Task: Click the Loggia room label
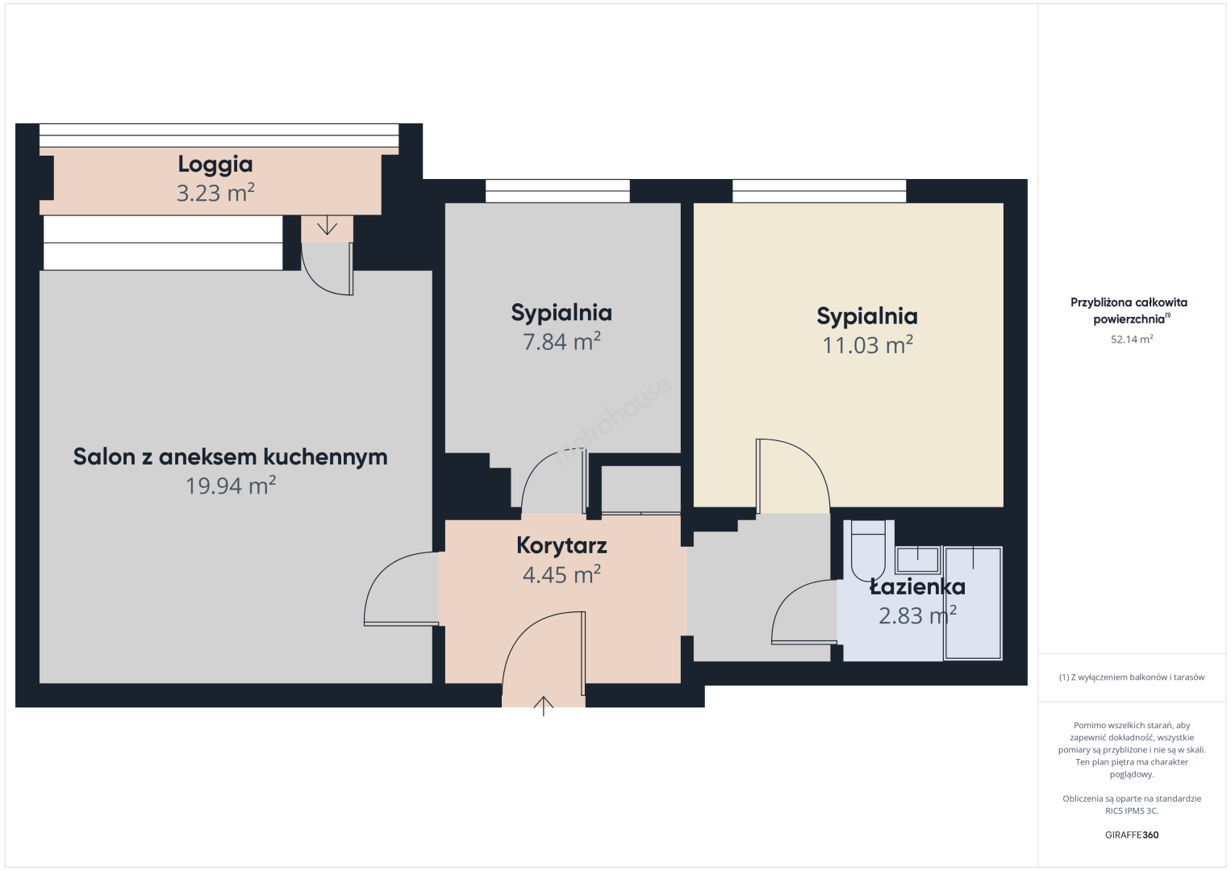pyautogui.click(x=215, y=165)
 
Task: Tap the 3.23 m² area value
pyautogui.click(x=215, y=193)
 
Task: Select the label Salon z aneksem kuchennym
pyautogui.click(x=230, y=457)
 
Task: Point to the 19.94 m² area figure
pyautogui.click(x=230, y=486)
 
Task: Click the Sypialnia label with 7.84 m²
pyautogui.click(x=561, y=313)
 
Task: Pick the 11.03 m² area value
pyautogui.click(x=867, y=344)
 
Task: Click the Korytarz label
pyautogui.click(x=561, y=546)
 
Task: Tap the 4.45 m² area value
pyautogui.click(x=561, y=574)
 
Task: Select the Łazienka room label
pyautogui.click(x=917, y=587)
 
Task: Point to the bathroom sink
pyautogui.click(x=917, y=560)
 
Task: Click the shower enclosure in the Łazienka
pyautogui.click(x=973, y=602)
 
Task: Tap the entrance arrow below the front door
pyautogui.click(x=544, y=706)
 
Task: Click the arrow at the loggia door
pyautogui.click(x=327, y=225)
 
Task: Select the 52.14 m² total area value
pyautogui.click(x=1132, y=339)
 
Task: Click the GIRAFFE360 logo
pyautogui.click(x=1132, y=835)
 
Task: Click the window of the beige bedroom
pyautogui.click(x=819, y=191)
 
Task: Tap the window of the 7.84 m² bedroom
pyautogui.click(x=557, y=191)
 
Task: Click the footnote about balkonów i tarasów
pyautogui.click(x=1132, y=677)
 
